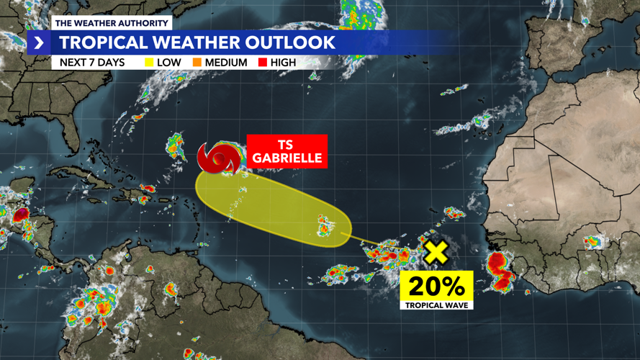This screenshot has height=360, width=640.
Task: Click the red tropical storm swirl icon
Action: click(220, 158)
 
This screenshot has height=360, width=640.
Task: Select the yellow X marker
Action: click(436, 253)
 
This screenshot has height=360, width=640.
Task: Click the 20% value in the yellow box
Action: click(436, 286)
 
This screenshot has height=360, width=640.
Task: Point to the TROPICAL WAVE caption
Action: click(436, 305)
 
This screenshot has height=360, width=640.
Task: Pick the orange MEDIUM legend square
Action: click(197, 63)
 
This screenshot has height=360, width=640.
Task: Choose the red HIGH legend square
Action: click(263, 63)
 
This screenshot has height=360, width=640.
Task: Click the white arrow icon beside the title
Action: click(39, 43)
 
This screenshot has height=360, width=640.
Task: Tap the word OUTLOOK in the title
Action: click(288, 42)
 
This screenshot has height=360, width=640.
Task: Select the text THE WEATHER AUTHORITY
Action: click(112, 23)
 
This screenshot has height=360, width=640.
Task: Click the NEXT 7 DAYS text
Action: click(92, 63)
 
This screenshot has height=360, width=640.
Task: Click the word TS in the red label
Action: click(285, 145)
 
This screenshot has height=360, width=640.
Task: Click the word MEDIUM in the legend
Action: click(227, 63)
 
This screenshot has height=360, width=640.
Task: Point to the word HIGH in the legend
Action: click(284, 63)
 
